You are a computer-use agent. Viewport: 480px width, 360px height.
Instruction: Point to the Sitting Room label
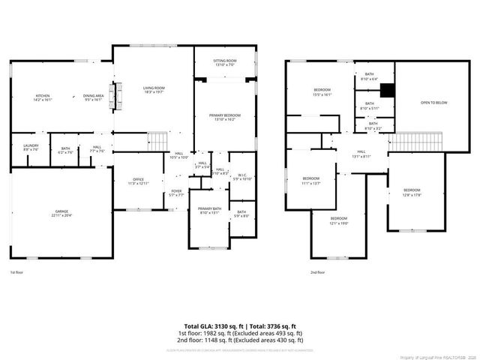click(x=225, y=62)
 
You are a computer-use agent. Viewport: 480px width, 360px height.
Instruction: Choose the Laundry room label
click(x=31, y=147)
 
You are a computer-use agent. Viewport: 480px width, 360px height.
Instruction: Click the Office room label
click(x=138, y=181)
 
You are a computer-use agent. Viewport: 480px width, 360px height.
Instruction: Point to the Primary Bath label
click(x=209, y=209)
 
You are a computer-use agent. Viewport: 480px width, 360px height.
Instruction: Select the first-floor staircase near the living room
click(x=157, y=139)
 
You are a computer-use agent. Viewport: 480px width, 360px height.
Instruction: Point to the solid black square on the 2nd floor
click(x=386, y=91)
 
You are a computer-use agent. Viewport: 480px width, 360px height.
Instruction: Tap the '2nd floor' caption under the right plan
click(x=317, y=273)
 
